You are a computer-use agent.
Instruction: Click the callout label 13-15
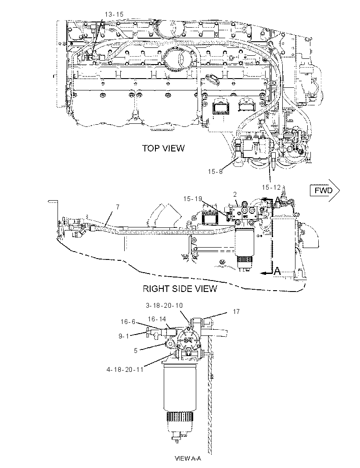click(x=114, y=14)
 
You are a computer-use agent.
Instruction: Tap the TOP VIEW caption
click(x=163, y=148)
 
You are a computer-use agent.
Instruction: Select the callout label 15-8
click(x=215, y=171)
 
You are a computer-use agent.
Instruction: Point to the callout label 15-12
click(x=271, y=187)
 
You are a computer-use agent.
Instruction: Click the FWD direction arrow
click(x=325, y=190)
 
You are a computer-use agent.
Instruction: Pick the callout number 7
click(x=118, y=207)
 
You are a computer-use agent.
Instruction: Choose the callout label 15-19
click(x=193, y=198)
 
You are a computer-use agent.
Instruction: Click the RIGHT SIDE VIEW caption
click(x=180, y=288)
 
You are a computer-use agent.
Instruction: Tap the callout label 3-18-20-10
click(x=164, y=305)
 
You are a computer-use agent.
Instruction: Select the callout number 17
click(x=236, y=312)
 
